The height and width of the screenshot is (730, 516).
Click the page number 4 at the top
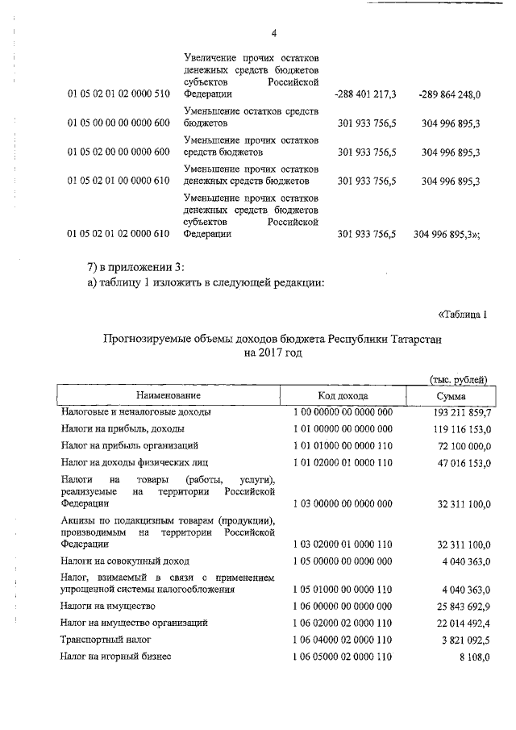click(273, 33)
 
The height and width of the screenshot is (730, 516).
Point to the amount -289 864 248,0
click(450, 94)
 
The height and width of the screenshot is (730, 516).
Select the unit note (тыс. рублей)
click(458, 378)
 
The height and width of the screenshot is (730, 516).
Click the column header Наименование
click(168, 395)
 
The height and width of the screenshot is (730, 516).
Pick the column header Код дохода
click(343, 395)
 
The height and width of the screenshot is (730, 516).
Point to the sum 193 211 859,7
click(456, 412)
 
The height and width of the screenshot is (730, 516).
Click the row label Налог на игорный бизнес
click(116, 657)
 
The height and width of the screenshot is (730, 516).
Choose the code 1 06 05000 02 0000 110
click(343, 657)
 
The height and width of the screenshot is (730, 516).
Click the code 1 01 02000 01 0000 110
click(343, 462)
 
